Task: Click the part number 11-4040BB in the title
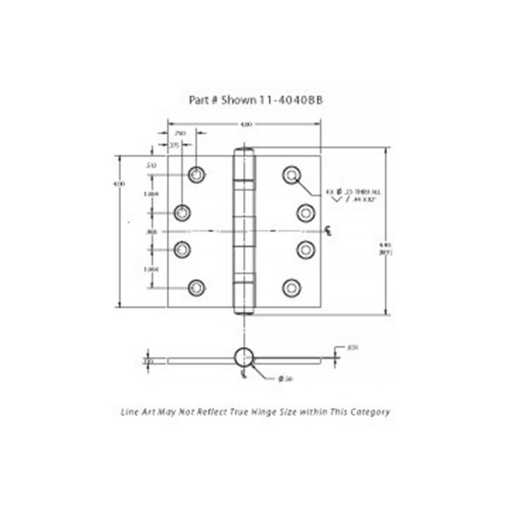[291, 100]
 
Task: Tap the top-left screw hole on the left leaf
[196, 174]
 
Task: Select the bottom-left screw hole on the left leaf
[196, 288]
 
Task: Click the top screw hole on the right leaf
[291, 175]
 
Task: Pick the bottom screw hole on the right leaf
[291, 288]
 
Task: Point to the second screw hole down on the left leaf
[182, 212]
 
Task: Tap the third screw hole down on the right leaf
[305, 249]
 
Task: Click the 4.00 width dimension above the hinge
[245, 124]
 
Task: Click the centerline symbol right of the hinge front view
[329, 231]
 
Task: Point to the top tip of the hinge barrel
[244, 150]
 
